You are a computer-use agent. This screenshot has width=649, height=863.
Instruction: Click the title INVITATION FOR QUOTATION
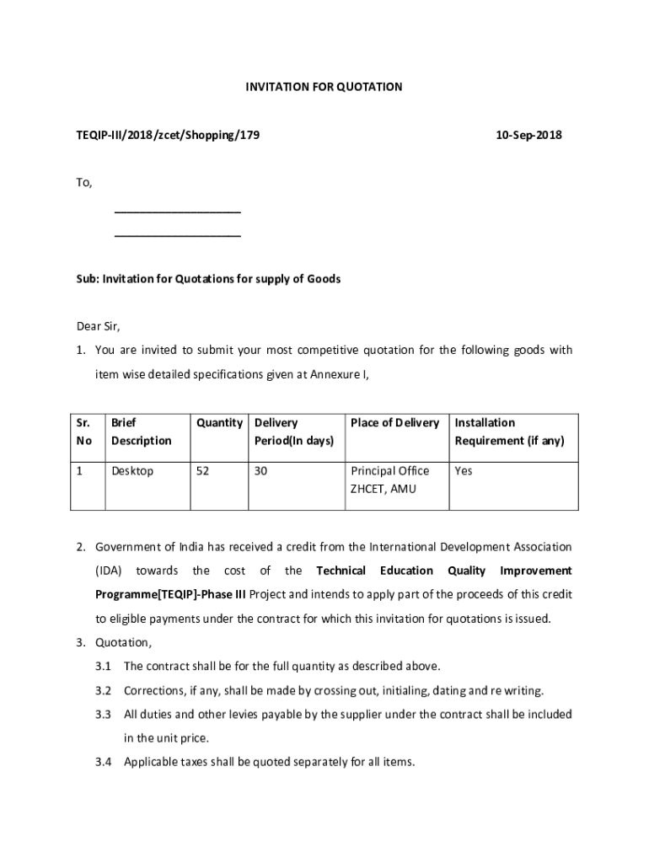click(x=324, y=87)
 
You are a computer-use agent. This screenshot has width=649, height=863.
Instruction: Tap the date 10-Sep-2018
click(x=528, y=135)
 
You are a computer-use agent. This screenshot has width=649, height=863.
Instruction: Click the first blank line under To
click(x=177, y=211)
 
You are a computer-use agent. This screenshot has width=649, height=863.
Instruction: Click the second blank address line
click(x=177, y=235)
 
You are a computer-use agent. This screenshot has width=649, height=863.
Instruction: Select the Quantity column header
click(x=219, y=423)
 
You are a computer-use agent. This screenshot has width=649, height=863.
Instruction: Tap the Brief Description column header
click(x=141, y=431)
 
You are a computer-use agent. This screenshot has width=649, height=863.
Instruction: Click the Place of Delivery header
click(x=394, y=423)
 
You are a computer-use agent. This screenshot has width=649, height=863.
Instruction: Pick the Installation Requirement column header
click(x=509, y=431)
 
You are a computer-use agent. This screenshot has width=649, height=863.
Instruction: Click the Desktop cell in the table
click(x=132, y=471)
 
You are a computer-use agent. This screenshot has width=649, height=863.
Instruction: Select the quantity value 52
click(x=202, y=471)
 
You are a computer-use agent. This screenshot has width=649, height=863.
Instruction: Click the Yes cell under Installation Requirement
click(x=464, y=471)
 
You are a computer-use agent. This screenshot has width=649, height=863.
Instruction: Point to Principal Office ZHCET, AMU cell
click(x=389, y=480)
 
